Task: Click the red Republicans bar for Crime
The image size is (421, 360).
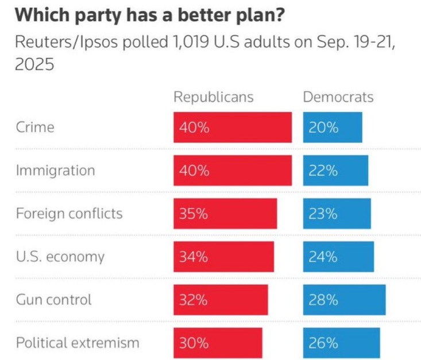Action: click(x=233, y=127)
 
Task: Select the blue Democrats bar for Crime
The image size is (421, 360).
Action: click(x=333, y=127)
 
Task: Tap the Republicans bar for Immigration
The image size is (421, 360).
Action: click(x=233, y=171)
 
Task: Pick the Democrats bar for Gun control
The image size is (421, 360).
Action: click(x=344, y=299)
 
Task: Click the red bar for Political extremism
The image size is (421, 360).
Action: click(x=218, y=343)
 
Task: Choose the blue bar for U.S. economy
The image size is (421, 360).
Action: click(x=338, y=257)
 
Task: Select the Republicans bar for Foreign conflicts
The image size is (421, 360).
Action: click(x=225, y=214)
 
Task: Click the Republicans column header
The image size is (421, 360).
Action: click(x=213, y=96)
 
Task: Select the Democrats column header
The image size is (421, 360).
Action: click(x=338, y=96)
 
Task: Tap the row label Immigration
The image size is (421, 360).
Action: click(x=55, y=171)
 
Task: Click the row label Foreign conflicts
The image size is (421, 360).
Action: click(x=69, y=214)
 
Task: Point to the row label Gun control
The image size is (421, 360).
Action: click(x=54, y=299)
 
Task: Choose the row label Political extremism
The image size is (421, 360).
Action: click(x=78, y=343)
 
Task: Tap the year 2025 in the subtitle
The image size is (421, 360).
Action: click(x=34, y=65)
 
